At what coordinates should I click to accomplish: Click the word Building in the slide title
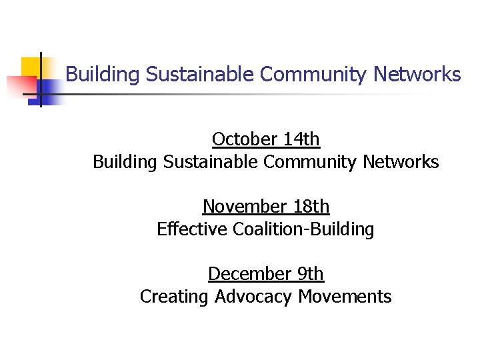[x=103, y=74]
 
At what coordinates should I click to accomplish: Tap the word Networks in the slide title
[x=417, y=74]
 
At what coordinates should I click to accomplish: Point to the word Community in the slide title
[x=314, y=74]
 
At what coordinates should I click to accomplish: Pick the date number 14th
[x=301, y=139]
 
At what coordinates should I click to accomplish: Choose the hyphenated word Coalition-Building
[x=303, y=229]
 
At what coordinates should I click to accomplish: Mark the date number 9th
[x=309, y=274]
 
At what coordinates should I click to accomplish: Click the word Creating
[x=175, y=297]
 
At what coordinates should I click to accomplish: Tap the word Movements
[x=345, y=297]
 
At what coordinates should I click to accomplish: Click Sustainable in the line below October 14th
[x=211, y=162]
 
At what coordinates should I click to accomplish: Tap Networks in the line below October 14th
[x=401, y=162]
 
